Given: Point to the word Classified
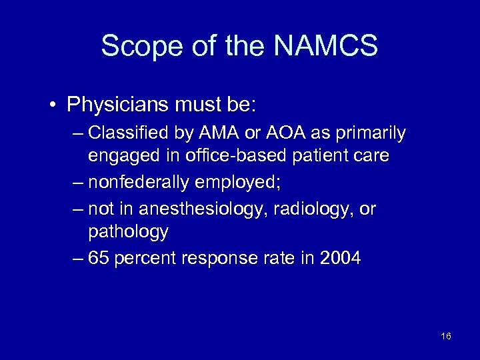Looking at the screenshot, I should [x=127, y=133].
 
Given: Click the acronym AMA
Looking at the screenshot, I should [x=212, y=133].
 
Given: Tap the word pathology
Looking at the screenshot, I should [x=128, y=232].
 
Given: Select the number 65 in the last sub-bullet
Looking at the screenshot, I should [x=98, y=257].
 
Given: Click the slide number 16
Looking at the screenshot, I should [x=446, y=336].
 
